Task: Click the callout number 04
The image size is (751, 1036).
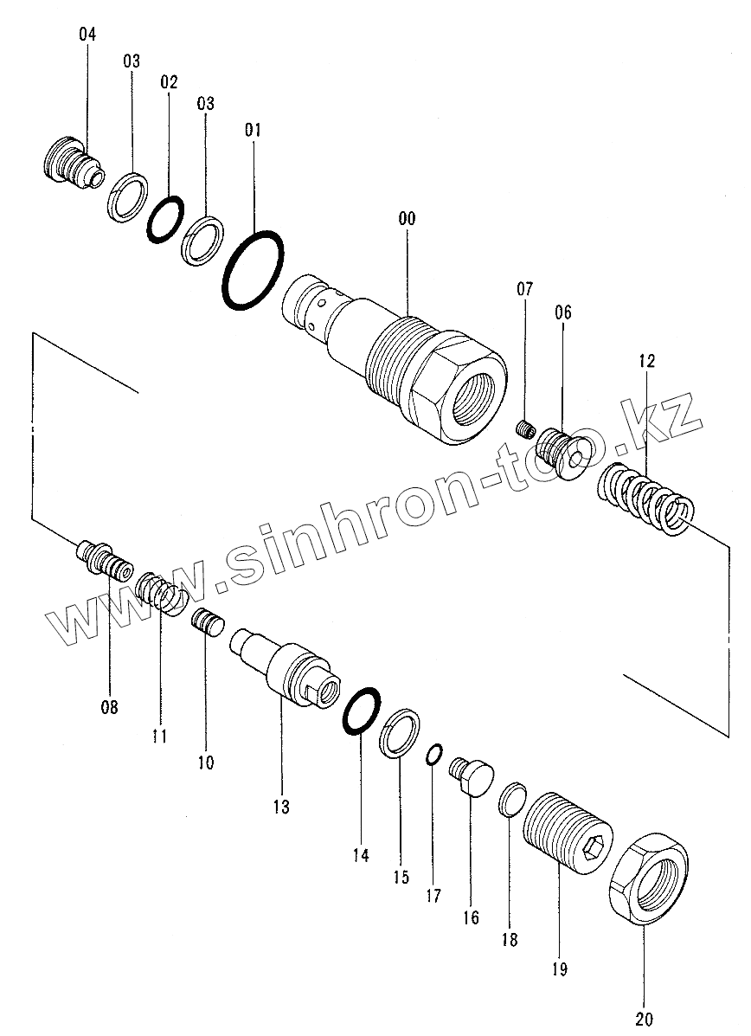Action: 87,35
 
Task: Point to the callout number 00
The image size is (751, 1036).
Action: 407,218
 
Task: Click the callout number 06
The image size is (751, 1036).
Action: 563,312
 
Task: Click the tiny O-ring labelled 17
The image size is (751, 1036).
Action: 434,755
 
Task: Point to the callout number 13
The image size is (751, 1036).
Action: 280,807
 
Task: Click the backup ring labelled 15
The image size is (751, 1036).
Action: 399,732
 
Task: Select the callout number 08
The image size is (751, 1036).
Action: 109,707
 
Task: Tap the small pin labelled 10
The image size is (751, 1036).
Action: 208,621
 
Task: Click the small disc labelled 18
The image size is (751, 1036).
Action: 511,798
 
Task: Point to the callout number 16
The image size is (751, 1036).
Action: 471,917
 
